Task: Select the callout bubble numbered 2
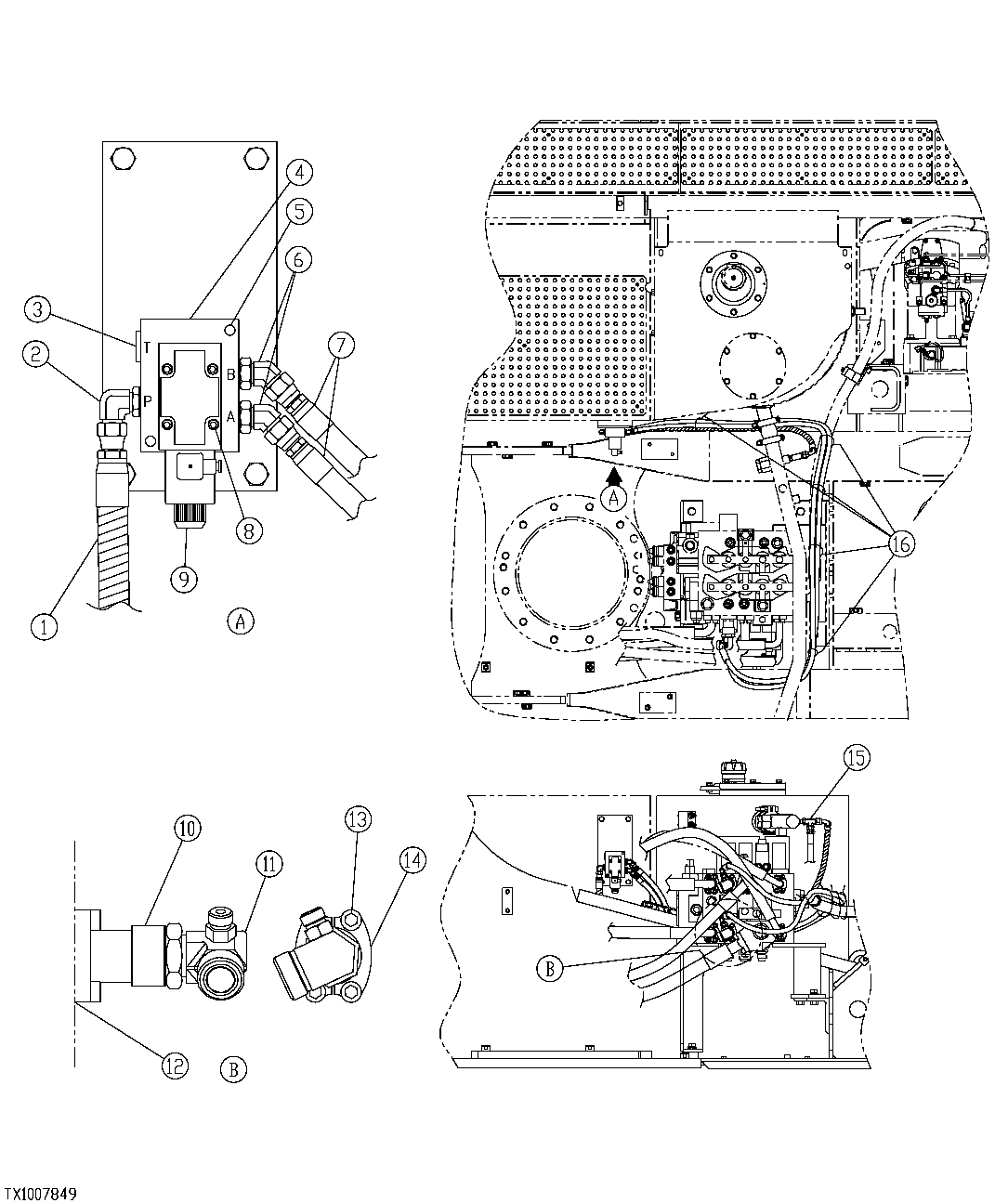36,352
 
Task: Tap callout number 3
36,307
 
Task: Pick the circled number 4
299,171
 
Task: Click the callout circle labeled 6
299,259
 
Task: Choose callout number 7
340,346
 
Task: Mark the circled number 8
249,530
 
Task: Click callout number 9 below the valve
184,578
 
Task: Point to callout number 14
412,860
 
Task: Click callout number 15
856,757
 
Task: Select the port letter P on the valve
147,400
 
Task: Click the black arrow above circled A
612,477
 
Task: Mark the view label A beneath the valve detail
241,621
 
